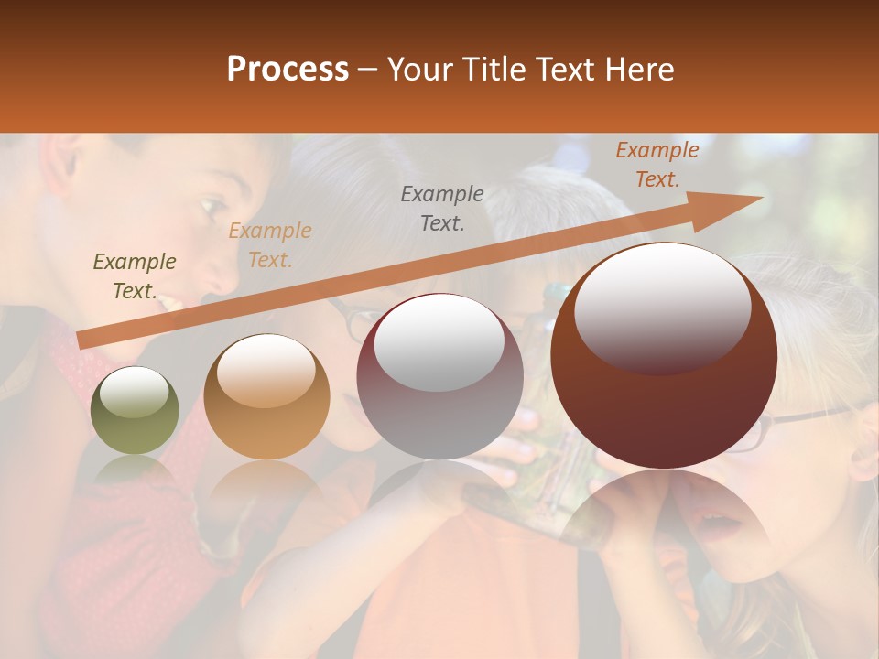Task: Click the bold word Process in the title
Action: pyautogui.click(x=288, y=70)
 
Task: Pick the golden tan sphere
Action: pyautogui.click(x=266, y=397)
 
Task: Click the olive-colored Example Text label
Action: pyautogui.click(x=135, y=276)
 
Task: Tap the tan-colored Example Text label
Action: pyautogui.click(x=270, y=245)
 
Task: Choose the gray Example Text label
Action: pyautogui.click(x=442, y=208)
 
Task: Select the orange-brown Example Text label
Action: pyautogui.click(x=657, y=165)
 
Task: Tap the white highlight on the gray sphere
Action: pyautogui.click(x=439, y=342)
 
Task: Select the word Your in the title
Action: pyautogui.click(x=419, y=70)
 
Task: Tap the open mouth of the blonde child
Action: pyautogui.click(x=719, y=524)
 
